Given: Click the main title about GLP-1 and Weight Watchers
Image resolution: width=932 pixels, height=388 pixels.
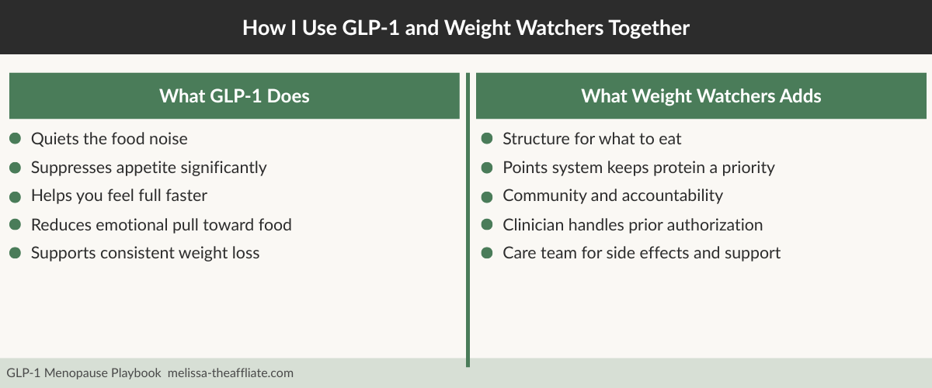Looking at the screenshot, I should (466, 28).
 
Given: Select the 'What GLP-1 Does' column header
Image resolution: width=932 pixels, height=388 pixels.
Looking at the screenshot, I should (234, 96).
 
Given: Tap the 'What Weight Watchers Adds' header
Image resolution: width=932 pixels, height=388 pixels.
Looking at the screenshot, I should (701, 96).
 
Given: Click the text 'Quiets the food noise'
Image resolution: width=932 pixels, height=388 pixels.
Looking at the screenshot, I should (109, 139).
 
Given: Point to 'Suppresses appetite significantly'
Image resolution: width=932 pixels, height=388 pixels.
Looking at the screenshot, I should (148, 168).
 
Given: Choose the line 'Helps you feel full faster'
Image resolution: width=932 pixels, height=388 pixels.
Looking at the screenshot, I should (119, 196).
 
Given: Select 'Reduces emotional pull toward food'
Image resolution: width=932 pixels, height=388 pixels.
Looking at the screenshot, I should (161, 225).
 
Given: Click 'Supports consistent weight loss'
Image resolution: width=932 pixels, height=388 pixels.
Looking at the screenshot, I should (145, 253).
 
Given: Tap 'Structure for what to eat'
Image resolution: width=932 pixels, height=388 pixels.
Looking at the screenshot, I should (592, 139).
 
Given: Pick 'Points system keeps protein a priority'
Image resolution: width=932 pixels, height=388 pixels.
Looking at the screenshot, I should (638, 168).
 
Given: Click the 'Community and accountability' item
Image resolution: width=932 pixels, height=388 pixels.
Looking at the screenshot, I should (613, 196).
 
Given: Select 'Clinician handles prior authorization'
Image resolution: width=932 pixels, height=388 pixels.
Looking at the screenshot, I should (632, 225).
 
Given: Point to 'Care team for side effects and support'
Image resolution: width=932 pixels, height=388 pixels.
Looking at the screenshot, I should (642, 253).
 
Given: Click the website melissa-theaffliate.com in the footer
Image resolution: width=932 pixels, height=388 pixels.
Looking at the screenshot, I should (231, 373).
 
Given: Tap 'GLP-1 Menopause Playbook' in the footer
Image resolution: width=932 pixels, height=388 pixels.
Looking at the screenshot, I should (83, 373).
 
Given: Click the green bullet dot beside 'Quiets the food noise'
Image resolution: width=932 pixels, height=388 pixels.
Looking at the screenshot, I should (15, 139).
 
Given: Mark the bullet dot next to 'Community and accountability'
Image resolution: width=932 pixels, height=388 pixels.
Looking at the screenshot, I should (487, 196).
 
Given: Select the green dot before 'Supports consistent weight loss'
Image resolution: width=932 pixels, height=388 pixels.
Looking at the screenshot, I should (15, 253).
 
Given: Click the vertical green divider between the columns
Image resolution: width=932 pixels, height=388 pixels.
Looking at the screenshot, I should (468, 233).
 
